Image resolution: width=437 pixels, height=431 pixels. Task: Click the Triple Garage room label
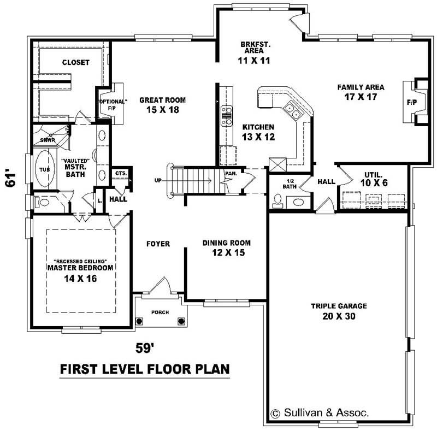click(339, 306)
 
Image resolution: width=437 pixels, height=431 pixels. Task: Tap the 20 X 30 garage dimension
click(339, 316)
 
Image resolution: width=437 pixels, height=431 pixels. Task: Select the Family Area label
click(361, 87)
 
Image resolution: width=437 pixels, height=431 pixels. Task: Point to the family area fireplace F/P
click(411, 102)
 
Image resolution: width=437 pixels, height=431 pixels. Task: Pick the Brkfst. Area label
click(255, 47)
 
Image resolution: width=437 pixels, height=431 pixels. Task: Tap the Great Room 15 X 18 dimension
click(162, 109)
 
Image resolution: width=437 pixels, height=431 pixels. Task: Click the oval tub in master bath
click(44, 169)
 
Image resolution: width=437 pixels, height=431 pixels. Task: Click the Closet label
click(75, 62)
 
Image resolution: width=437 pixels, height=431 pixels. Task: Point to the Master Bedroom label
click(80, 268)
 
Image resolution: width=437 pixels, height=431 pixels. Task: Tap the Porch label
click(161, 312)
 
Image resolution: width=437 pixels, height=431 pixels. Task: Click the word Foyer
click(158, 244)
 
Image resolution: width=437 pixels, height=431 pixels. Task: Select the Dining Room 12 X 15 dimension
click(226, 252)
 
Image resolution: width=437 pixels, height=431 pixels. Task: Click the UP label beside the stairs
click(158, 180)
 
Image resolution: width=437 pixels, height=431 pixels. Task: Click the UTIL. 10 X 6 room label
click(375, 179)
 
